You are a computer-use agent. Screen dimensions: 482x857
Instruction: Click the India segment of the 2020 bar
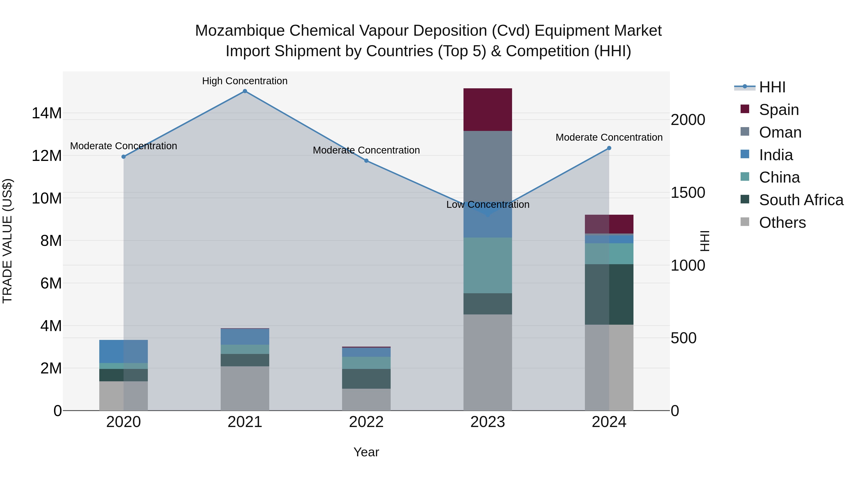pos(123,351)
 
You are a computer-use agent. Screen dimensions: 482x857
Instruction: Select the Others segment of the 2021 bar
pos(245,388)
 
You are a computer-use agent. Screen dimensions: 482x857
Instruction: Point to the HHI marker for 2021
pos(245,91)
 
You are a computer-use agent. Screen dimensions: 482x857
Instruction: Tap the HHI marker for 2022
pos(366,161)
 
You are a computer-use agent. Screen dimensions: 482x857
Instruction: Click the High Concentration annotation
pos(245,81)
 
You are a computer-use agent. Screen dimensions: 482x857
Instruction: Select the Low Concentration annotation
pos(488,204)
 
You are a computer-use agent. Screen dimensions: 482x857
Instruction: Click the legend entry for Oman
pos(780,132)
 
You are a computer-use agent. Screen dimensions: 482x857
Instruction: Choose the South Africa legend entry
pos(801,200)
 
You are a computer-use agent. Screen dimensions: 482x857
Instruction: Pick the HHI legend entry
pos(772,87)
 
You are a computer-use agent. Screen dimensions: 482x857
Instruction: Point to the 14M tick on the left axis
pos(47,113)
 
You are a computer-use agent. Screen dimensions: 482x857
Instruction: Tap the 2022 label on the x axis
pos(366,422)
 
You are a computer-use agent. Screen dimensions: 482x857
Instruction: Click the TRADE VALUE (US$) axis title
pos(7,241)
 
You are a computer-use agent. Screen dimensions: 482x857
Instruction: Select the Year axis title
pos(366,452)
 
